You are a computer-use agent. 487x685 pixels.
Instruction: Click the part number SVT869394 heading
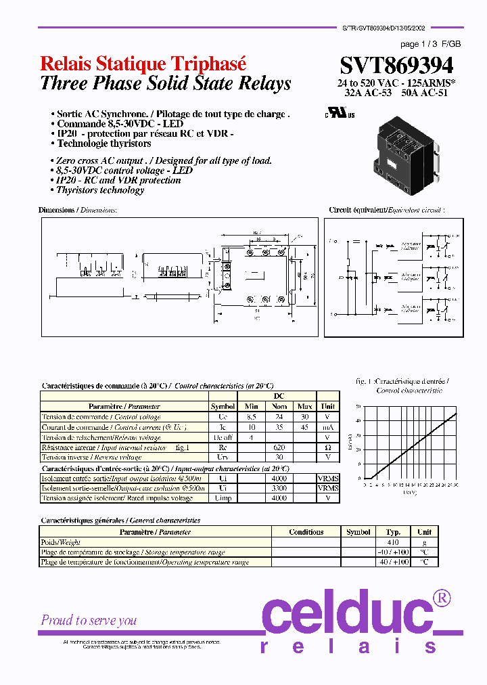click(x=396, y=65)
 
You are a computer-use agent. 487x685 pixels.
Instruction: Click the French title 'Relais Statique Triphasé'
click(x=143, y=64)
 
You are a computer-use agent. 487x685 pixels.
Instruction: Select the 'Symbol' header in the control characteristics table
click(x=223, y=407)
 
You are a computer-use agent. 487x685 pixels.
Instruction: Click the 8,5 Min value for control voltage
click(x=250, y=417)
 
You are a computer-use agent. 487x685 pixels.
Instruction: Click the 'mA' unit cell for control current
click(x=328, y=427)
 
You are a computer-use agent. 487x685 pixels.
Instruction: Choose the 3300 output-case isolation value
click(x=279, y=488)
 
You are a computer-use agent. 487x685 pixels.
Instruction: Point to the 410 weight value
click(x=393, y=542)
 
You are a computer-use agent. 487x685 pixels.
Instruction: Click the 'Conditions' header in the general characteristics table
click(x=306, y=532)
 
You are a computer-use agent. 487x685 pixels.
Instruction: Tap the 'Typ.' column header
click(x=393, y=532)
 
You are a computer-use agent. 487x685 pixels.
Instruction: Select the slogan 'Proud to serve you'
click(x=89, y=620)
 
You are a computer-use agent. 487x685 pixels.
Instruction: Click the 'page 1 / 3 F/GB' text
click(x=430, y=44)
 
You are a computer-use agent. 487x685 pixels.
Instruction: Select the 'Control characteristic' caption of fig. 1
click(x=409, y=391)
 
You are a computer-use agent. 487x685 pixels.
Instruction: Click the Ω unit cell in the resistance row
click(x=328, y=447)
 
